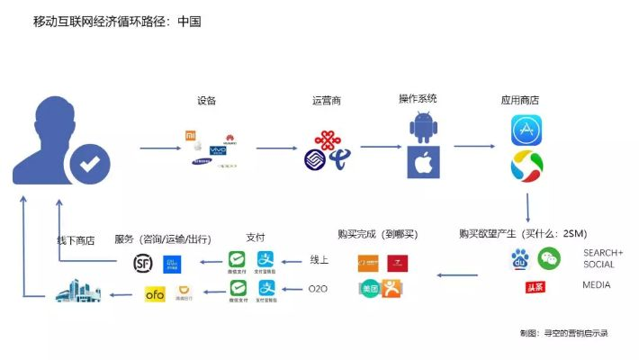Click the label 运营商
point(325,100)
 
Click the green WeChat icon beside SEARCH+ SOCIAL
point(549,259)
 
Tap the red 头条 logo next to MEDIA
point(535,286)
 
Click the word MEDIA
point(596,285)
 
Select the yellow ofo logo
point(155,292)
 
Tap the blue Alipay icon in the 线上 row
point(266,262)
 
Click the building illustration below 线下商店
point(77,291)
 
